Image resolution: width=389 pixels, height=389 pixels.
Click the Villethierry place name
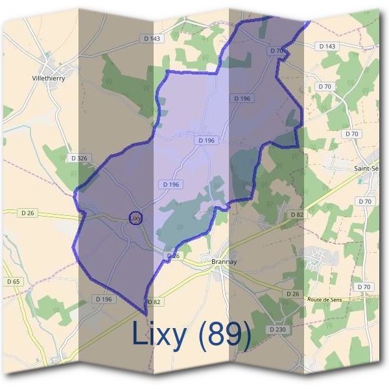pos(48,78)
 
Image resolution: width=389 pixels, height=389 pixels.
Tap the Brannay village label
pos(224,261)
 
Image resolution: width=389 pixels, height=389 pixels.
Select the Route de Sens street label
pos(324,300)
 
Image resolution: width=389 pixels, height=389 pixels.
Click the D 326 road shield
pos(77,158)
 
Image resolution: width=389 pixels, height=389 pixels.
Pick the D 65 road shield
pos(14,281)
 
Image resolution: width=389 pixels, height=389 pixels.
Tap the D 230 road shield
pos(276,329)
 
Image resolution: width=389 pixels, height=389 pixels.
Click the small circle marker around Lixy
pos(135,218)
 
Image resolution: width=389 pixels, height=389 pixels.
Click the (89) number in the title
pos(224,334)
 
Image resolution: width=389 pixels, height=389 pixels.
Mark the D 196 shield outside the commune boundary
pos(103,299)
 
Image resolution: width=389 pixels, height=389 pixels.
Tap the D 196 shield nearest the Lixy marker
pos(171,185)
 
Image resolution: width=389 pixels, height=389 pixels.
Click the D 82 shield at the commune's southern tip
pos(154,302)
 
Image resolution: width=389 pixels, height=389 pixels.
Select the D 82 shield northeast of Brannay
pos(296,214)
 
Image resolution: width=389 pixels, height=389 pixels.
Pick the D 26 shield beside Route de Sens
pos(292,294)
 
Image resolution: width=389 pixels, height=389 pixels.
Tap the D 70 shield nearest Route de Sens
pos(364,287)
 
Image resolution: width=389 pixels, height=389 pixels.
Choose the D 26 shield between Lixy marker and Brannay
pos(172,256)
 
